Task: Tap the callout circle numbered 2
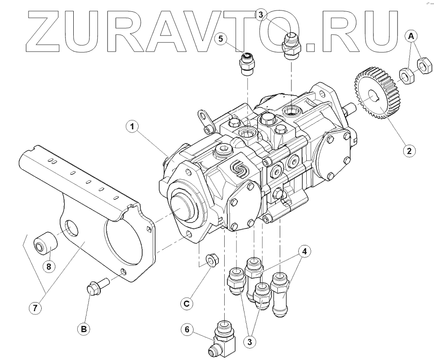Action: point(409,151)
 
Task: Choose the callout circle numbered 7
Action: point(36,308)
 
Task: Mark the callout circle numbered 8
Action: point(49,266)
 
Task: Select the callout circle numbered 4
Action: point(305,251)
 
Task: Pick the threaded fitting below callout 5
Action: point(247,64)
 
